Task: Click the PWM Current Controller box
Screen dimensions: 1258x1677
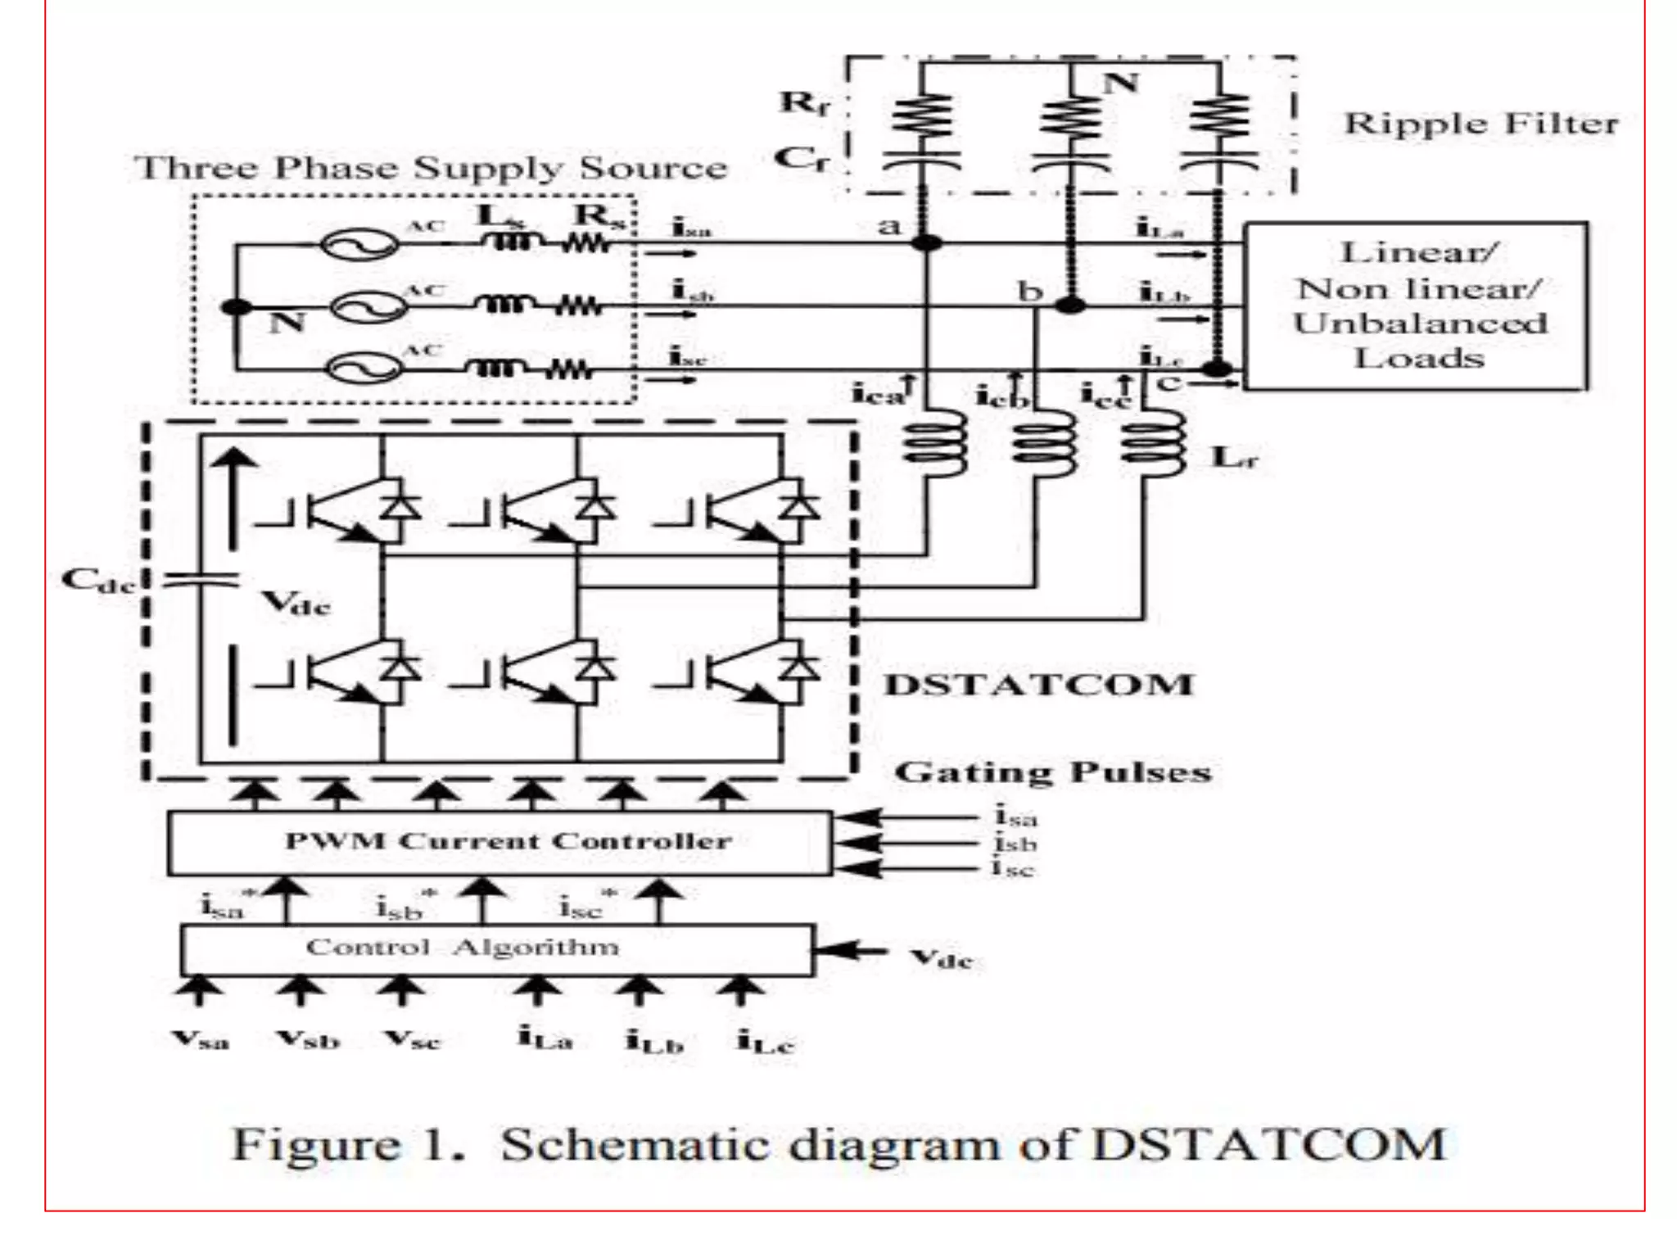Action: point(499,843)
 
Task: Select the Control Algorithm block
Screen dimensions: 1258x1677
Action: point(496,949)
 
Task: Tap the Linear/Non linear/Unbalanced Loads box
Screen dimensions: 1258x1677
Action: point(1416,305)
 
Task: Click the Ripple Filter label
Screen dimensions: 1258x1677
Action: point(1480,124)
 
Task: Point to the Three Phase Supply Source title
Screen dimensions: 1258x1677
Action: point(431,168)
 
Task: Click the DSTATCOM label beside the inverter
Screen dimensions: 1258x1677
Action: point(1038,685)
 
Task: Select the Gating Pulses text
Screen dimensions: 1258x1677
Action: point(1052,772)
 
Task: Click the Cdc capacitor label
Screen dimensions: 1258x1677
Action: point(97,581)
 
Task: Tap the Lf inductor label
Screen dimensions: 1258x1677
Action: point(1233,458)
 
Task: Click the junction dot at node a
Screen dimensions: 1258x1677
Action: point(927,243)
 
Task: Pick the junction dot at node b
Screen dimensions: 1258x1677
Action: point(1070,306)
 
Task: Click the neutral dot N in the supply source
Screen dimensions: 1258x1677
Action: point(237,307)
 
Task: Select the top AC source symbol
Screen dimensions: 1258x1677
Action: point(358,244)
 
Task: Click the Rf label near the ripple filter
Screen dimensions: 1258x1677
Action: point(803,103)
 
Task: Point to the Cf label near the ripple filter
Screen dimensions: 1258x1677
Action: point(801,158)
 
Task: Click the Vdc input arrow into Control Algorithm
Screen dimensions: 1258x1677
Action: point(852,951)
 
